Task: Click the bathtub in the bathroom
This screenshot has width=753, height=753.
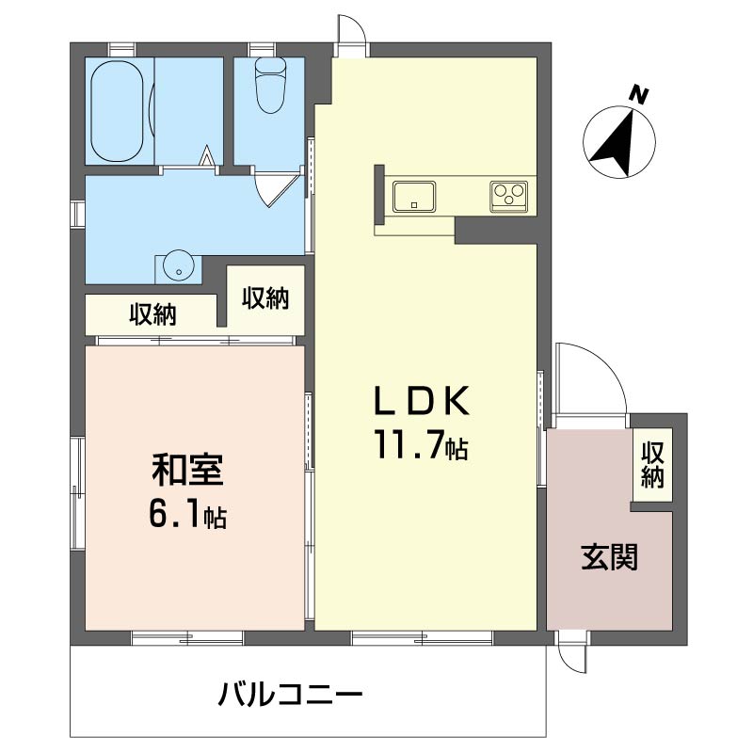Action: tap(117, 110)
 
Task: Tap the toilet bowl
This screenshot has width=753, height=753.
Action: tap(270, 86)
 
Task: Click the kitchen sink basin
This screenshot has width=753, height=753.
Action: tap(414, 196)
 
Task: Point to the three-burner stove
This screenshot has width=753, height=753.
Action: tap(508, 196)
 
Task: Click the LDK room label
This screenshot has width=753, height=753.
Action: tap(422, 401)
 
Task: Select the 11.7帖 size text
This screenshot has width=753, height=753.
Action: tap(422, 444)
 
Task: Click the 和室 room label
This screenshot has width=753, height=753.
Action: tap(187, 469)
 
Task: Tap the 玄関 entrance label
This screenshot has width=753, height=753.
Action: tap(609, 557)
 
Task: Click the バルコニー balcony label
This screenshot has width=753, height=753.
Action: tap(290, 695)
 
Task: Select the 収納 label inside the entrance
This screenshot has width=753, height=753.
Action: tap(652, 464)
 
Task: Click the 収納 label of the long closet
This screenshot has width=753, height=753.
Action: tap(152, 314)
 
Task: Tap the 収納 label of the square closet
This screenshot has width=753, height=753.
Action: tap(265, 297)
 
